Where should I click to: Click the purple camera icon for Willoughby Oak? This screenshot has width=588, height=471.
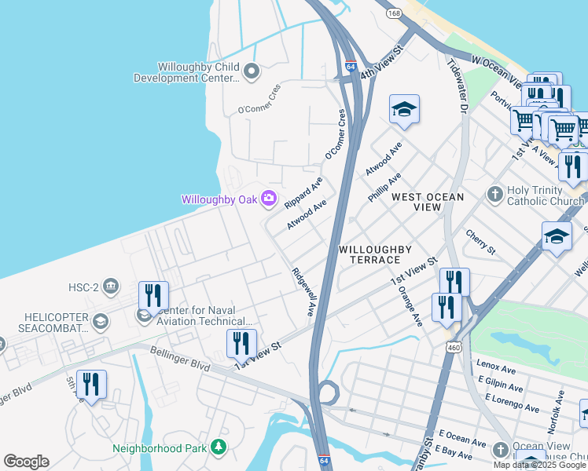(269, 199)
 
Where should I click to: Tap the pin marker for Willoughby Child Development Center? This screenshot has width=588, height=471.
(252, 72)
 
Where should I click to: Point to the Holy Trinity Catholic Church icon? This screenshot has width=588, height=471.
(495, 193)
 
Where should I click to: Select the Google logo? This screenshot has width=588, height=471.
(26, 462)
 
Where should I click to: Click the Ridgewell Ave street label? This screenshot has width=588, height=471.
(303, 292)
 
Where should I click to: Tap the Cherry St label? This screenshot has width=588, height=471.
(480, 243)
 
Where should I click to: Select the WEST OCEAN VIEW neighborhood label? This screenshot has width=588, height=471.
(428, 202)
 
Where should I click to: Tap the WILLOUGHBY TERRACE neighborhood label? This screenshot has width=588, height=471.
(375, 254)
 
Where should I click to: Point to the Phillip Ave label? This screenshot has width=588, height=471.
(384, 188)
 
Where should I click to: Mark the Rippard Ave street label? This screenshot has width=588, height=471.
(304, 192)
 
